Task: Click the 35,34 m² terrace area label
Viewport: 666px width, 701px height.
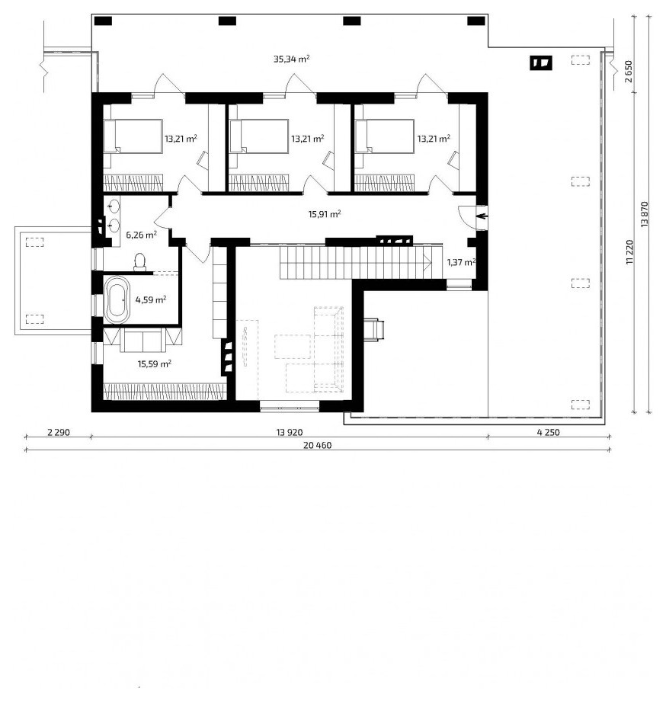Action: [292, 59]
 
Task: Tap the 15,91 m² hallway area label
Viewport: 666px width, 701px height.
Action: [325, 214]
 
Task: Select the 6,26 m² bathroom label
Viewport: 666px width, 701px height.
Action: [141, 234]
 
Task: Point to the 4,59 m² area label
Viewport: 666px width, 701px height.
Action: [151, 299]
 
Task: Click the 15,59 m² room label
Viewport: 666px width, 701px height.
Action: [154, 364]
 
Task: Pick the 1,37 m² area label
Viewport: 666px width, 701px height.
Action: [461, 262]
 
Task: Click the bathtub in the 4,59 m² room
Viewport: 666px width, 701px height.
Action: [117, 300]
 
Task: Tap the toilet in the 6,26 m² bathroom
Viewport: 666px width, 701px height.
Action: [140, 262]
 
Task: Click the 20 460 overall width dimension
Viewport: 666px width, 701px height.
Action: [317, 445]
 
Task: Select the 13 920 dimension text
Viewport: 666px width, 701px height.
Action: [290, 432]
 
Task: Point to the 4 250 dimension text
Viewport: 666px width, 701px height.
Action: [548, 432]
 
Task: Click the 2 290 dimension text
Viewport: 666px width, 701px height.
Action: [59, 432]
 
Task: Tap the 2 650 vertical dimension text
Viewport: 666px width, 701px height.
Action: [629, 72]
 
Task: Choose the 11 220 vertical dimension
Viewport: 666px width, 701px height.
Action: [629, 253]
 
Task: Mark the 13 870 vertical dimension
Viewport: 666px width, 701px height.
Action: [644, 214]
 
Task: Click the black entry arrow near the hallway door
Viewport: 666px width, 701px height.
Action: [482, 217]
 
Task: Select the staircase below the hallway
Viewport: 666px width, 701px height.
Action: [356, 263]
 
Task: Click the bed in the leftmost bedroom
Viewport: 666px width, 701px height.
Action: [133, 136]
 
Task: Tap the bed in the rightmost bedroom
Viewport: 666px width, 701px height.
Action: [385, 136]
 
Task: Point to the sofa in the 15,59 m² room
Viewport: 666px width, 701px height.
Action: [143, 340]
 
